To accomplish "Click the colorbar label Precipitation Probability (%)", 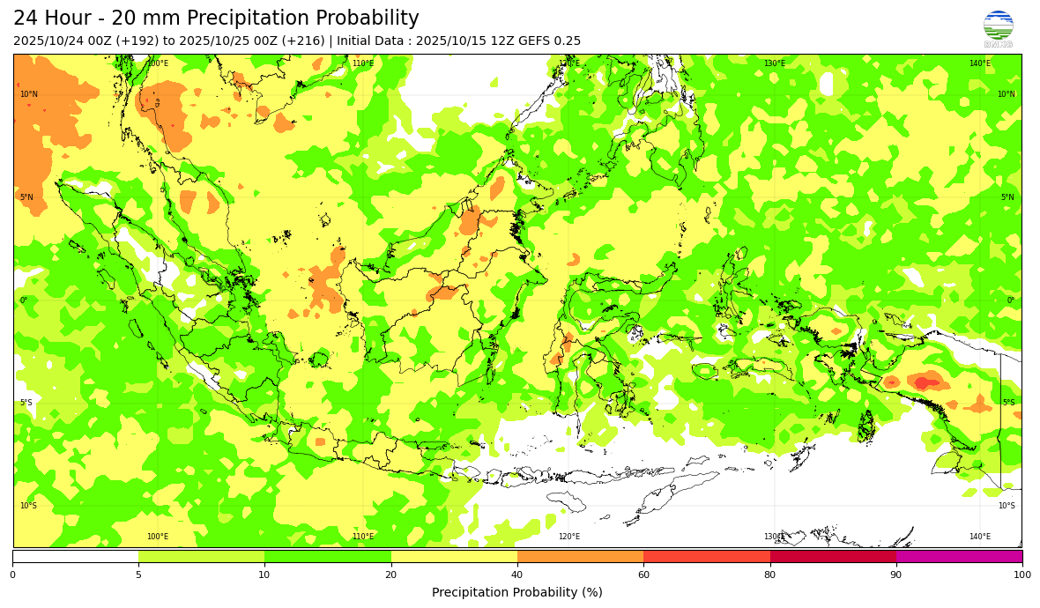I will coord(517,592).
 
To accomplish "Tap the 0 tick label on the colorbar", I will coord(12,575).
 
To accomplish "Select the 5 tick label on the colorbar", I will coord(138,575).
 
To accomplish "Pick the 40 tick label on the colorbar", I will coord(517,575).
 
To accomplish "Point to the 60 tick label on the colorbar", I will coord(643,575).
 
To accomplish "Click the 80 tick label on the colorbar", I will coord(770,575).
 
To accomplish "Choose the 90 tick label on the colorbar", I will coord(896,575).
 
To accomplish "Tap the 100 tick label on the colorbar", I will coord(1021,575).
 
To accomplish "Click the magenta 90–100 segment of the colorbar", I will coord(959,556).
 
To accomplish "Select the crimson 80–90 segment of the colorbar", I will coord(833,556).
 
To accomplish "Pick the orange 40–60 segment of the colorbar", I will coord(580,556).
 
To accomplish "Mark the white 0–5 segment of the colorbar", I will coord(75,556).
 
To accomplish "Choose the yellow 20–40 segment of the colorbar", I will coord(454,556).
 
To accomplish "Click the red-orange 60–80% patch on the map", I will coord(923,382).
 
